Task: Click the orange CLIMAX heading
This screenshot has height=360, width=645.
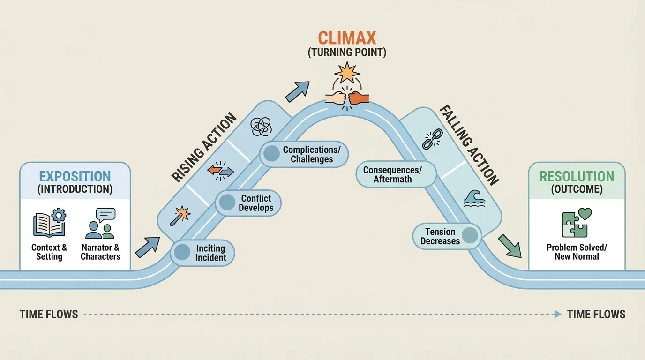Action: point(347,38)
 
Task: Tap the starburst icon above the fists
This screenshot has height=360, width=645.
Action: point(347,73)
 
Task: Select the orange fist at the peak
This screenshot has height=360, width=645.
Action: point(359,97)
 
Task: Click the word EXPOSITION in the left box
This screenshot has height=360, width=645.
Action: point(75,177)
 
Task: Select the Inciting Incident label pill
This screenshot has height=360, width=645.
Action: point(202,253)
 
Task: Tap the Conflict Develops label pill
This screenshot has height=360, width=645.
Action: point(248,203)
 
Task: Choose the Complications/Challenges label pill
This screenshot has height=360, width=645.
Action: point(304,154)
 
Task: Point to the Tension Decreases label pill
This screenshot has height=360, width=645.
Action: point(447,236)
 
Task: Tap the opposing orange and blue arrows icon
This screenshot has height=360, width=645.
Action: point(221,170)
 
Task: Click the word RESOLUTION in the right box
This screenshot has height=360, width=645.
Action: point(577,177)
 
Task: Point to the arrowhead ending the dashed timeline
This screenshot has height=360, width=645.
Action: point(557,314)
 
